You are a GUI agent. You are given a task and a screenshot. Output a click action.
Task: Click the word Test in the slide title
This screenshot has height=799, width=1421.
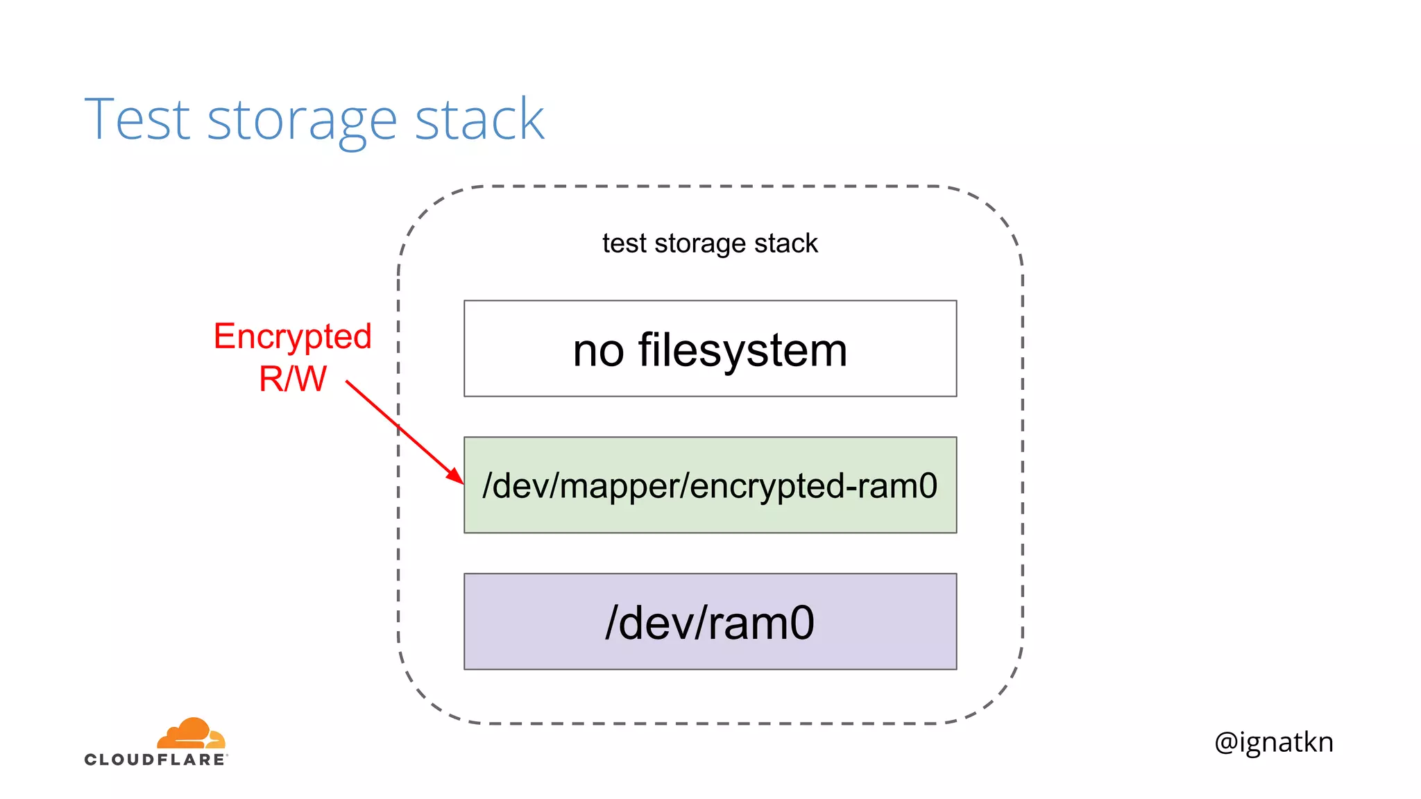click(137, 119)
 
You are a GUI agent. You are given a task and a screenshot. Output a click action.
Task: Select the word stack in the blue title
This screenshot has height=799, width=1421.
click(479, 119)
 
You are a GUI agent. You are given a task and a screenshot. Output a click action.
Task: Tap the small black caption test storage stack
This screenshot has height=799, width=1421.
click(710, 243)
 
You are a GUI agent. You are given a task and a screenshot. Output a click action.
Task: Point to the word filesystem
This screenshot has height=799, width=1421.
click(742, 350)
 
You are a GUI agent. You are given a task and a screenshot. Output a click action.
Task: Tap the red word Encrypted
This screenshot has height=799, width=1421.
click(292, 337)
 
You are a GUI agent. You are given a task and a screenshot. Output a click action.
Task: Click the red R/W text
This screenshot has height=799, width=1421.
click(292, 379)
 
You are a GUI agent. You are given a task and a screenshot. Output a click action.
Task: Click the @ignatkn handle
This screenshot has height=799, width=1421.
click(1274, 742)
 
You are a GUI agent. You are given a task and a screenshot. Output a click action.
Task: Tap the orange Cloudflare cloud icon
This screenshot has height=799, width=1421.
click(192, 733)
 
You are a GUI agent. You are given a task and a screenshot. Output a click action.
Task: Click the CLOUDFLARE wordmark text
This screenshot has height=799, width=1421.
click(155, 759)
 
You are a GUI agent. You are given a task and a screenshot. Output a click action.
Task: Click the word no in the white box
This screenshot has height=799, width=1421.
click(598, 350)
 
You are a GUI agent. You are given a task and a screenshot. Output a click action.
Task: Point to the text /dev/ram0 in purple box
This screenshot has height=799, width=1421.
click(710, 622)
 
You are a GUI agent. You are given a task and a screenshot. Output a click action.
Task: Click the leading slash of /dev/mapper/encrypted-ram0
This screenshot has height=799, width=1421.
click(487, 486)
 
